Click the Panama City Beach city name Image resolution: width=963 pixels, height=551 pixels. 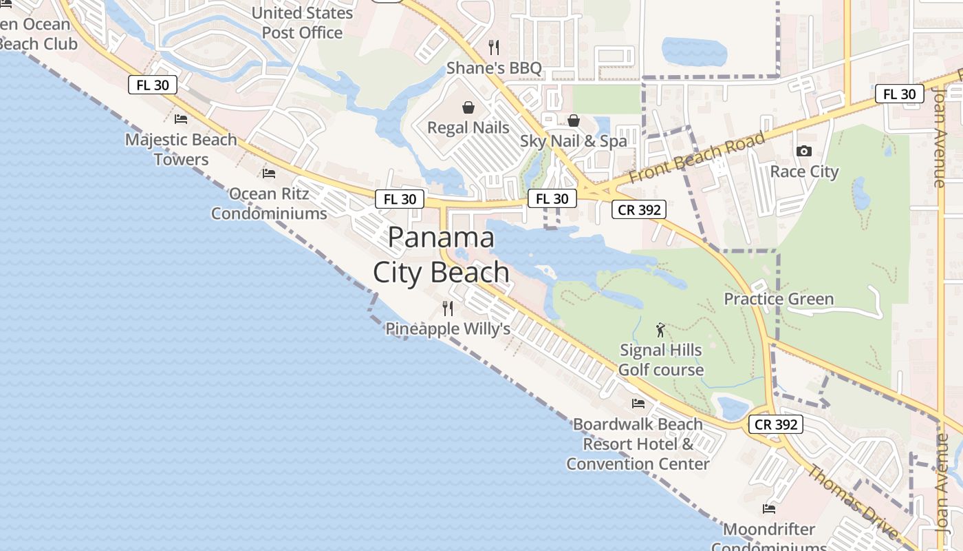pyautogui.click(x=441, y=255)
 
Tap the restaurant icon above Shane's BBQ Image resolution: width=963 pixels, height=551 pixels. pyautogui.click(x=493, y=48)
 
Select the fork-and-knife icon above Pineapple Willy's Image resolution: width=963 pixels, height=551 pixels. pyautogui.click(x=448, y=308)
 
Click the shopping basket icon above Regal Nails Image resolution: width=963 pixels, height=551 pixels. pyautogui.click(x=468, y=107)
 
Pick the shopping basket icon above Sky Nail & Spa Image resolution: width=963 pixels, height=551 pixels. pyautogui.click(x=574, y=121)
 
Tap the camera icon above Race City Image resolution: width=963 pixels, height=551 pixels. pyautogui.click(x=803, y=151)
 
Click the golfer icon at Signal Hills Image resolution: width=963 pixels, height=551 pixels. pyautogui.click(x=661, y=330)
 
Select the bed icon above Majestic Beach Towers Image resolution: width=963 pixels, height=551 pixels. pyautogui.click(x=181, y=119)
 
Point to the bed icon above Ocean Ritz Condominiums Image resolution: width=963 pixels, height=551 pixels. pyautogui.click(x=269, y=173)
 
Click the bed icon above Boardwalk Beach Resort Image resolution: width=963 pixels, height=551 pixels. pyautogui.click(x=638, y=404)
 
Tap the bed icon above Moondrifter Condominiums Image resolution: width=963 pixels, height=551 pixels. pyautogui.click(x=769, y=509)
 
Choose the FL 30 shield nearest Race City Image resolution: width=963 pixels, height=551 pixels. pyautogui.click(x=899, y=94)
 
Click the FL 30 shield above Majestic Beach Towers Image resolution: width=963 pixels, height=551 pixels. pyautogui.click(x=153, y=85)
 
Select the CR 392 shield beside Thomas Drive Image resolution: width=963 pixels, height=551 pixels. pyautogui.click(x=776, y=424)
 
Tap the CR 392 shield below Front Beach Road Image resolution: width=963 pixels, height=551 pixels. pyautogui.click(x=639, y=209)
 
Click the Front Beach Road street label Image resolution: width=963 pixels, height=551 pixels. pyautogui.click(x=697, y=158)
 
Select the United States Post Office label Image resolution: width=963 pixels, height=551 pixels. pyautogui.click(x=303, y=23)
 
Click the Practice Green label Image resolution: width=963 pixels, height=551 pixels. pyautogui.click(x=779, y=299)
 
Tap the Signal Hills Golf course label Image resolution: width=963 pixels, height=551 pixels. pyautogui.click(x=661, y=360)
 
